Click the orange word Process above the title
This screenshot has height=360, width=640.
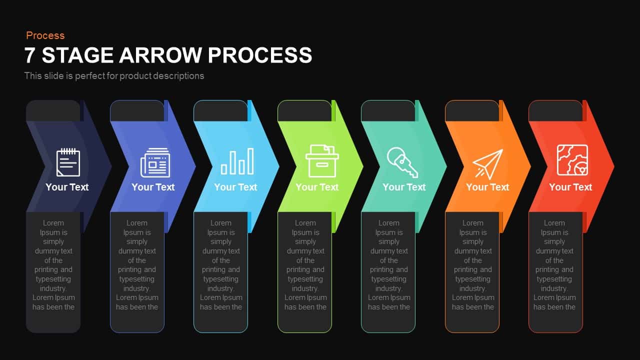pyautogui.click(x=45, y=35)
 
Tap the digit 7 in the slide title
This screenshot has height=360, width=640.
pyautogui.click(x=29, y=55)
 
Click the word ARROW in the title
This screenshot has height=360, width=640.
pyautogui.click(x=160, y=55)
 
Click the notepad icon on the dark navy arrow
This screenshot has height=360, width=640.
pyautogui.click(x=68, y=162)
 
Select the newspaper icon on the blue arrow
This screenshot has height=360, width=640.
pyautogui.click(x=155, y=162)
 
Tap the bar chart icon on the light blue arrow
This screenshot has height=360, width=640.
pyautogui.click(x=237, y=161)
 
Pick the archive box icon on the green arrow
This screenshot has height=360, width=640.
pyautogui.click(x=322, y=161)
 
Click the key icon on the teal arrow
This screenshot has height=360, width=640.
pyautogui.click(x=402, y=162)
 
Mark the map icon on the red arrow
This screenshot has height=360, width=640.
pyautogui.click(x=572, y=160)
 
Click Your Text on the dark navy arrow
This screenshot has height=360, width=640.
pyautogui.click(x=67, y=187)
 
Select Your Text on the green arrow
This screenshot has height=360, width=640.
pyautogui.click(x=317, y=187)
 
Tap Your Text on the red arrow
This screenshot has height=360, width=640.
pyautogui.click(x=570, y=187)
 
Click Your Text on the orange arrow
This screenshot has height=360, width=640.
pyautogui.click(x=487, y=187)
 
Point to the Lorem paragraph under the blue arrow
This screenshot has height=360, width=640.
pyautogui.click(x=137, y=265)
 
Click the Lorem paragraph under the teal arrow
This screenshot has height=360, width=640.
pyautogui.click(x=388, y=265)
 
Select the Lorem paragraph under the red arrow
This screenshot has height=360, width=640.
pyautogui.click(x=554, y=265)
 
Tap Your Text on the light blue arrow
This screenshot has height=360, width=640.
pyautogui.click(x=235, y=187)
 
